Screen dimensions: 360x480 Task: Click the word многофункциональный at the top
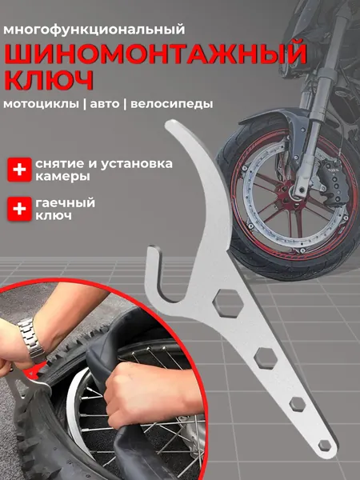tap(94, 30)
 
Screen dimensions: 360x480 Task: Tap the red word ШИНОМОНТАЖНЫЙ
tap(156, 54)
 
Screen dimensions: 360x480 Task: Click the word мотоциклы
tap(41, 104)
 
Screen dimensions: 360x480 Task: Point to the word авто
tap(105, 104)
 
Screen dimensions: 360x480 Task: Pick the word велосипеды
tap(172, 104)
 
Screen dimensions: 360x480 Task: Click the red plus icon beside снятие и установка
tap(19, 170)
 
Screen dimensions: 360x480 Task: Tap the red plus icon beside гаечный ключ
tap(19, 209)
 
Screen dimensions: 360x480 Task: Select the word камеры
tap(62, 177)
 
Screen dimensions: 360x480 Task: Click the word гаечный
tap(66, 202)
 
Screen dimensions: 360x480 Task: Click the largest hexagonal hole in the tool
tap(228, 303)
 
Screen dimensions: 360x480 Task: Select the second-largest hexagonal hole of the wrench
tap(266, 358)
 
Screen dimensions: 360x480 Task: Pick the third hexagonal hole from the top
tap(298, 404)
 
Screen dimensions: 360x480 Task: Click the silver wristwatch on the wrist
tap(30, 339)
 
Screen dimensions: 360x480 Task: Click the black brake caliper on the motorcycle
tap(333, 180)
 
